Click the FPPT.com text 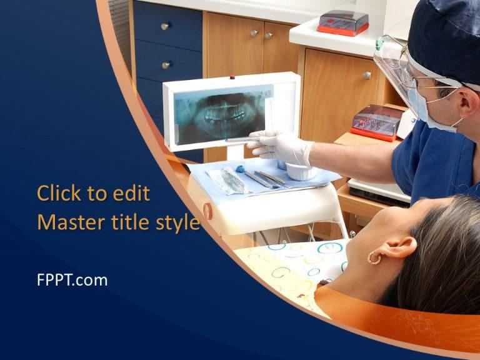(x=72, y=280)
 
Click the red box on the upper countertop (x=342, y=22)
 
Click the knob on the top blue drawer (x=166, y=26)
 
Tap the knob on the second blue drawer (x=166, y=65)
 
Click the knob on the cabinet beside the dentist (x=367, y=75)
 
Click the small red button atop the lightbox (x=232, y=77)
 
